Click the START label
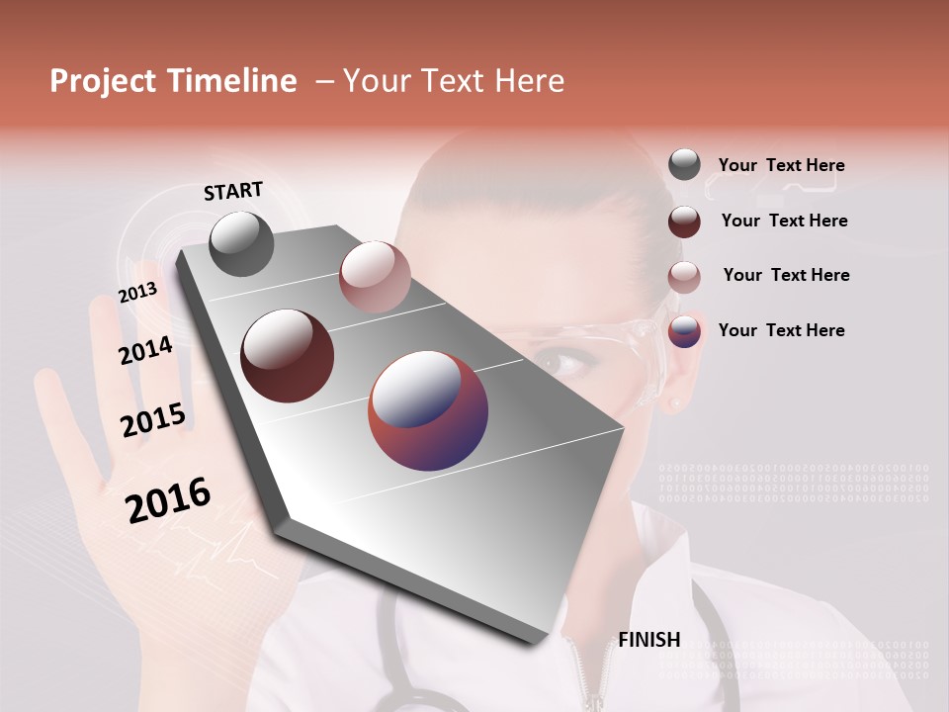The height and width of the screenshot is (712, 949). pyautogui.click(x=233, y=191)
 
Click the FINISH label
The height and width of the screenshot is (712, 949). pyautogui.click(x=649, y=640)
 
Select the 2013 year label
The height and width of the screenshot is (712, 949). pyautogui.click(x=137, y=293)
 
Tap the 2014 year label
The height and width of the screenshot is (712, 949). pyautogui.click(x=145, y=350)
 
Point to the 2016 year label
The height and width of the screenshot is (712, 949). pyautogui.click(x=168, y=500)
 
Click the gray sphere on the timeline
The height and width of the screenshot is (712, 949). pyautogui.click(x=242, y=243)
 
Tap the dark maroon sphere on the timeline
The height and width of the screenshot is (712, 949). pyautogui.click(x=287, y=356)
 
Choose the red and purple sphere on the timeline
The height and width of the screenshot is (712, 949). pyautogui.click(x=428, y=410)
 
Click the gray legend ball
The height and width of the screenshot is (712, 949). pyautogui.click(x=684, y=165)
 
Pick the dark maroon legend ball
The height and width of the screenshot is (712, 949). pyautogui.click(x=684, y=222)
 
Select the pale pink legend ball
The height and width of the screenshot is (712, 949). pyautogui.click(x=684, y=276)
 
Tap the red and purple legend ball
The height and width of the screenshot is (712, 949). pyautogui.click(x=684, y=331)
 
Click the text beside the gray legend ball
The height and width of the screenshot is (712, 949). pyautogui.click(x=781, y=165)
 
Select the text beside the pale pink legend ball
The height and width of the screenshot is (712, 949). pyautogui.click(x=786, y=275)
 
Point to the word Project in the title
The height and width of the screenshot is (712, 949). pyautogui.click(x=104, y=81)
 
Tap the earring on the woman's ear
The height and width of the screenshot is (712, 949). pyautogui.click(x=676, y=403)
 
